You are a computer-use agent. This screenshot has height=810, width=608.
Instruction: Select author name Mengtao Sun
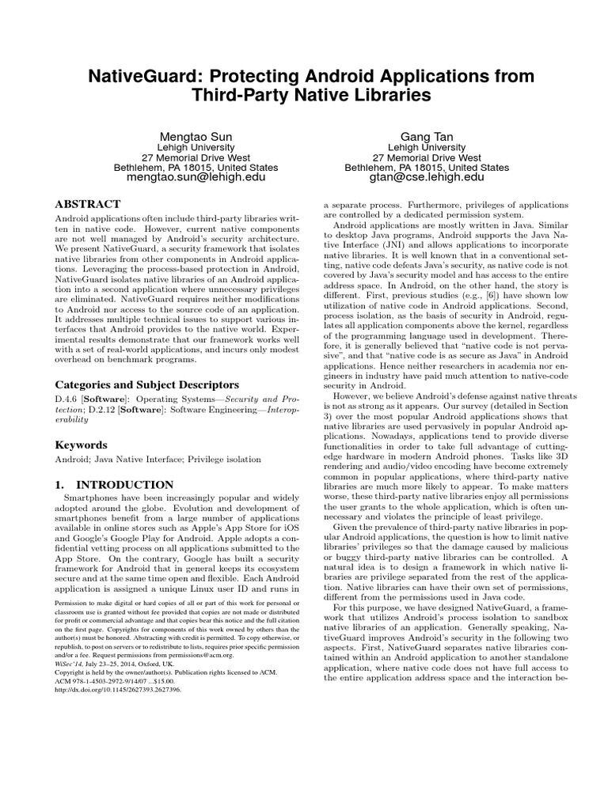click(x=196, y=136)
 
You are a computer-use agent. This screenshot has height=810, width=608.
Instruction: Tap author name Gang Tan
click(x=426, y=136)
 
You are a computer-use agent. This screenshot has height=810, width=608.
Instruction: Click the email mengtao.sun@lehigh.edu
click(x=196, y=180)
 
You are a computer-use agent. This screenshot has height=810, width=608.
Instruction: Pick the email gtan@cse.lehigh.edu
click(x=426, y=180)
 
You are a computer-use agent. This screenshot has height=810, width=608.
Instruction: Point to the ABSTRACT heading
click(x=88, y=204)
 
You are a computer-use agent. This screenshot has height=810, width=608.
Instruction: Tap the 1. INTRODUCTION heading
click(x=114, y=484)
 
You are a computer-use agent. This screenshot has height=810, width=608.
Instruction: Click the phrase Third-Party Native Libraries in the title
click(x=304, y=96)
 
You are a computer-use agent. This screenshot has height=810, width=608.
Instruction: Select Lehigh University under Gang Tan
click(x=426, y=147)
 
